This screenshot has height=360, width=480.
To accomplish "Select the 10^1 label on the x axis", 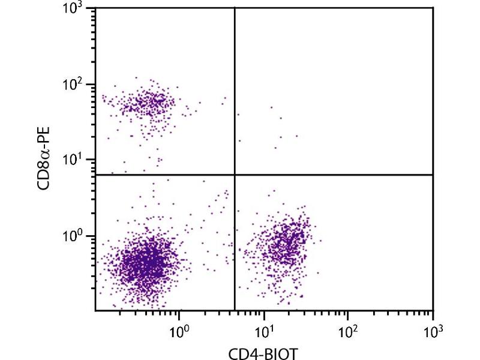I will tap(263, 330).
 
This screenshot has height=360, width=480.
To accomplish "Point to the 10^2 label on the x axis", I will tap(348, 330).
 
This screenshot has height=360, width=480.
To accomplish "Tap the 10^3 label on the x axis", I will tap(433, 330).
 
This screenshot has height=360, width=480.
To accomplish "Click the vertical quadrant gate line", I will tap(234, 90).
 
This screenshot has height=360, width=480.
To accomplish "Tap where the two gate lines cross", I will tap(234, 175).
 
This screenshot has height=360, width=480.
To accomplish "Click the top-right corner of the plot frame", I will tap(433, 8).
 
